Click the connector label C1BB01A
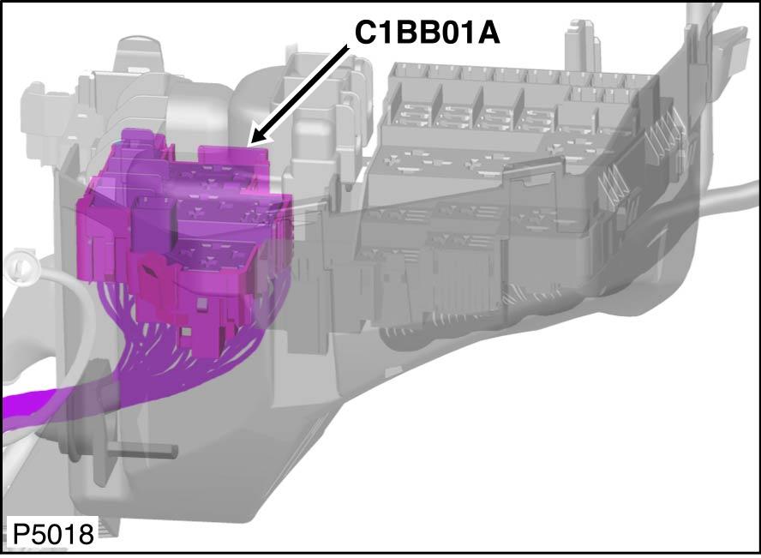(427, 33)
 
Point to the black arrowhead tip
(249, 145)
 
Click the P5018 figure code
(52, 534)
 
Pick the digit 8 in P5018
(85, 534)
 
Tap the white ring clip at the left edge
(21, 266)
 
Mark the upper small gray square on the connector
(202, 304)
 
